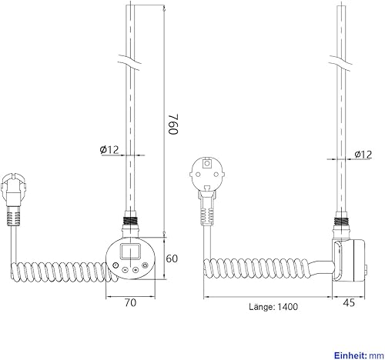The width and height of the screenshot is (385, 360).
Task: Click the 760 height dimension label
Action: (x=173, y=124)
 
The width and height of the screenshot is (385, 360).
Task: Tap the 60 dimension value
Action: (x=172, y=258)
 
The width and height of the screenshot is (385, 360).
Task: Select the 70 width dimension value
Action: (x=130, y=303)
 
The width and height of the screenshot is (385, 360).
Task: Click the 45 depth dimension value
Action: (x=349, y=303)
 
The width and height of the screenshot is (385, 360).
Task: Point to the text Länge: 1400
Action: (x=273, y=307)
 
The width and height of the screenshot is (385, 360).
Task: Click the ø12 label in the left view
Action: (x=109, y=149)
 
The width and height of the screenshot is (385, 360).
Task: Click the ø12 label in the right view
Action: (x=363, y=155)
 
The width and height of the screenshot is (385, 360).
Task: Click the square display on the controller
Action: (x=130, y=251)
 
